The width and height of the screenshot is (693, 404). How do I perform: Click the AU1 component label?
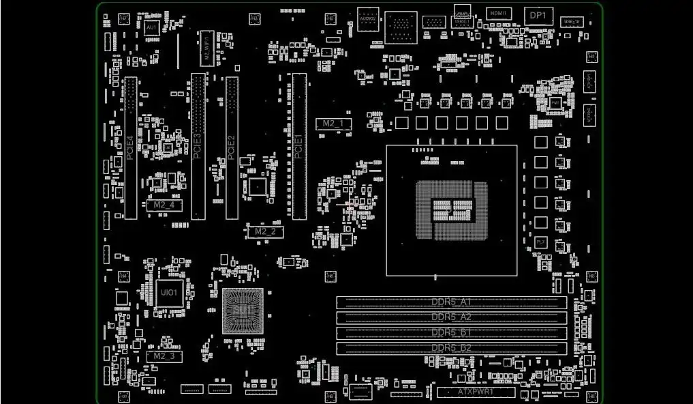click(152, 27)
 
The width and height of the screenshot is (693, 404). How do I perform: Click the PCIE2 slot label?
click(232, 147)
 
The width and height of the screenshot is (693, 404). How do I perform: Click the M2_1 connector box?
click(333, 124)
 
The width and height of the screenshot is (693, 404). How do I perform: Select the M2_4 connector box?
click(164, 205)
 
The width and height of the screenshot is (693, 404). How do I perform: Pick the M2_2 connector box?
click(264, 231)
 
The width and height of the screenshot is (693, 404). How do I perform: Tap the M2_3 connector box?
click(164, 356)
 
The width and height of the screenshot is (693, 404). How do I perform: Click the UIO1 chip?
click(168, 293)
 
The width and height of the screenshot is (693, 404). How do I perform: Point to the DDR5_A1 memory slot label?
click(451, 302)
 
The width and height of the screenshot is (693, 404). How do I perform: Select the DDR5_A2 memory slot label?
click(451, 317)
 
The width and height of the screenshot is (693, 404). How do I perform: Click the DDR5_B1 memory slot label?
click(451, 332)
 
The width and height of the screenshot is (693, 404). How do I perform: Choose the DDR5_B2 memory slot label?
click(451, 348)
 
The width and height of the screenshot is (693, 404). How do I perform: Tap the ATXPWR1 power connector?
click(476, 392)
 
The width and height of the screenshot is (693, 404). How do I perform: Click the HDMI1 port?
click(499, 14)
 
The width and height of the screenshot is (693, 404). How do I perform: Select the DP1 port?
click(538, 15)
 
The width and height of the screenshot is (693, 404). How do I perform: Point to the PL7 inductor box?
click(540, 242)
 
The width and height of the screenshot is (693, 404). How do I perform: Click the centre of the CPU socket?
click(452, 210)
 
